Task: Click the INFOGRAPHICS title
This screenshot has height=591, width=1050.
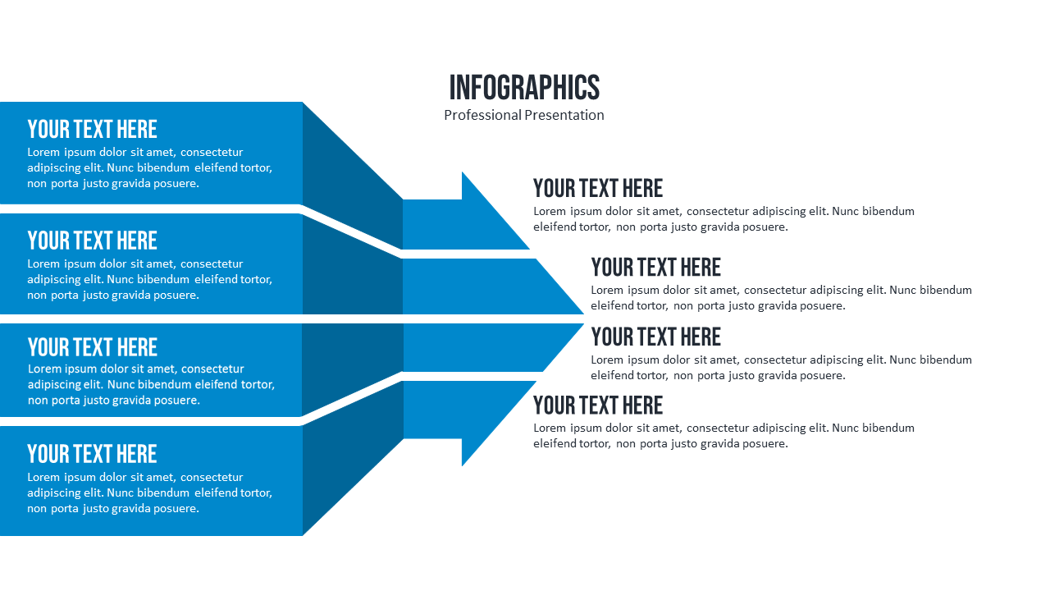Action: pyautogui.click(x=524, y=87)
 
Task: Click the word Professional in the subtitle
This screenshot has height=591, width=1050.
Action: pyautogui.click(x=482, y=115)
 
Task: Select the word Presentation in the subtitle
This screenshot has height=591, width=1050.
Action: pyautogui.click(x=564, y=115)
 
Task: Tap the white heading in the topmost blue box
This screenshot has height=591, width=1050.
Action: pyautogui.click(x=92, y=129)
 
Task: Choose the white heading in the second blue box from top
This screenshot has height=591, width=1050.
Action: pyautogui.click(x=92, y=241)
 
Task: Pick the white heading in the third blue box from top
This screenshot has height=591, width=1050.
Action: pyautogui.click(x=92, y=347)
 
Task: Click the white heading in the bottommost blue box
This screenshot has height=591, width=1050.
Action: pyautogui.click(x=92, y=454)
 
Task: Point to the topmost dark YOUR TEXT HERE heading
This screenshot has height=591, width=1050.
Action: pyautogui.click(x=598, y=188)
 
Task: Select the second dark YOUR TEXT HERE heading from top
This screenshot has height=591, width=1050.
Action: pyautogui.click(x=655, y=267)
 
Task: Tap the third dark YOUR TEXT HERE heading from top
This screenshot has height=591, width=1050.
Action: pyautogui.click(x=655, y=337)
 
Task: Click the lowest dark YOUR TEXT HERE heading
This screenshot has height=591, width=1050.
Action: pyautogui.click(x=598, y=405)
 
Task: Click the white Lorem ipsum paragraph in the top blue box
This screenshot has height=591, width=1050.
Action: pyautogui.click(x=149, y=167)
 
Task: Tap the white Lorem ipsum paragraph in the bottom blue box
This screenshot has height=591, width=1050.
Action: pyautogui.click(x=149, y=492)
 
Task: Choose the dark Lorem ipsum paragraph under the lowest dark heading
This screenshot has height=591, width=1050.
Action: pyautogui.click(x=724, y=436)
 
